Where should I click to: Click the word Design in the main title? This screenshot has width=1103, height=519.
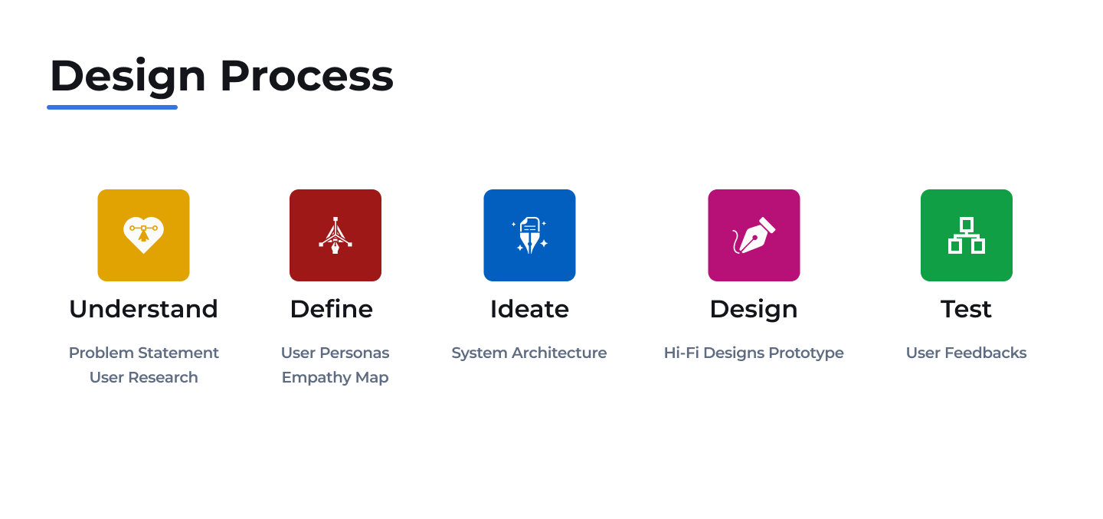click(x=128, y=77)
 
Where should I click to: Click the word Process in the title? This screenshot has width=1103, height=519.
click(x=306, y=77)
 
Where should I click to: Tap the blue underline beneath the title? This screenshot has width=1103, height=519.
click(x=112, y=107)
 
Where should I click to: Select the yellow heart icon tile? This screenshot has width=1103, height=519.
click(x=143, y=235)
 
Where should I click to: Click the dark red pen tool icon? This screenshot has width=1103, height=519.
click(x=335, y=235)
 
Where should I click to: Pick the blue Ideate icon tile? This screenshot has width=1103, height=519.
click(x=529, y=235)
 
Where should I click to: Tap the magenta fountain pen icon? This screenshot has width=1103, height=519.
click(x=754, y=235)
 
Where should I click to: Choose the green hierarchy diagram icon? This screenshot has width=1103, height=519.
click(x=966, y=235)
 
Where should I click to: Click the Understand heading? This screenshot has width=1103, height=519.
click(x=143, y=309)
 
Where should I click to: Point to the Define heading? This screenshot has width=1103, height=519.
click(x=331, y=309)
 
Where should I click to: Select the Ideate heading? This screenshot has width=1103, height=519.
click(x=529, y=309)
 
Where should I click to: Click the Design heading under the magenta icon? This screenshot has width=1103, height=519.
click(x=754, y=309)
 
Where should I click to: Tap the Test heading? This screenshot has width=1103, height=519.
click(x=966, y=309)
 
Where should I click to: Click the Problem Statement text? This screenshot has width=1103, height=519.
click(x=143, y=353)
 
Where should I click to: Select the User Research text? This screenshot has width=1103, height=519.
click(x=143, y=377)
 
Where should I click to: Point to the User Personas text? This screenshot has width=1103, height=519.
click(x=335, y=353)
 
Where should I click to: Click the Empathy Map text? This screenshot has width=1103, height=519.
click(x=335, y=377)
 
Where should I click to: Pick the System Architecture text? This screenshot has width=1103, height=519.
click(x=529, y=353)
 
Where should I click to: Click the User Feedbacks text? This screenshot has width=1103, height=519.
click(x=966, y=353)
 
